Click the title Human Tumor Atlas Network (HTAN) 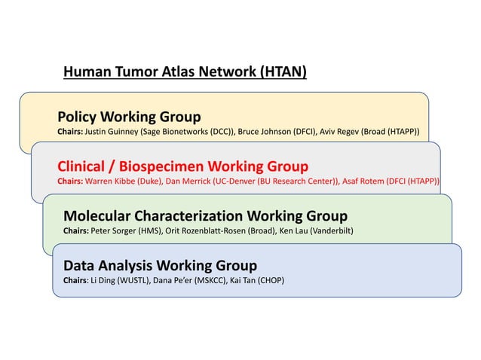tap(185, 73)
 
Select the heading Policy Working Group tap(129, 117)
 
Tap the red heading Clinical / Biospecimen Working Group tap(182, 166)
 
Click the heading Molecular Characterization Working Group tap(205, 216)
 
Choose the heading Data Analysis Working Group tap(160, 265)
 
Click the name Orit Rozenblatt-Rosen tap(218, 230)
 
